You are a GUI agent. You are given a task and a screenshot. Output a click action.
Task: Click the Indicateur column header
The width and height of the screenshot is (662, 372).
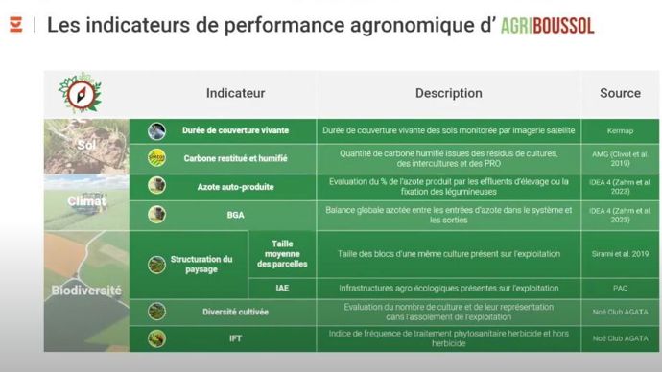click(x=235, y=93)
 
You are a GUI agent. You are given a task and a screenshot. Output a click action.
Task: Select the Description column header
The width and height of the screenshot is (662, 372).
click(x=448, y=93)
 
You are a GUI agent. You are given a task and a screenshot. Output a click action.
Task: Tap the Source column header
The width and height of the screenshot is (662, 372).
click(x=620, y=93)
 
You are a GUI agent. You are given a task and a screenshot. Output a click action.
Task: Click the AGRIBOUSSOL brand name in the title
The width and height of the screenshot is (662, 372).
click(x=547, y=25)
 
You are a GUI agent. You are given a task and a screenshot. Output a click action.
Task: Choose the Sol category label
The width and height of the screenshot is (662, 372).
click(x=88, y=145)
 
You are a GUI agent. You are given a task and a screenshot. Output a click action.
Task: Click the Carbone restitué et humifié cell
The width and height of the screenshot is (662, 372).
click(x=235, y=157)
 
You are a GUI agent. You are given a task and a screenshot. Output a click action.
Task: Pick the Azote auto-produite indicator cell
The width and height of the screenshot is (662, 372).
click(x=235, y=185)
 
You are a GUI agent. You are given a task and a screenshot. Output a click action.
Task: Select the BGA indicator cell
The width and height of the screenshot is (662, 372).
click(x=235, y=213)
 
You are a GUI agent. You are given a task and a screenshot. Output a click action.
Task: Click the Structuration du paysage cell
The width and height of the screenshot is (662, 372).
click(x=201, y=265)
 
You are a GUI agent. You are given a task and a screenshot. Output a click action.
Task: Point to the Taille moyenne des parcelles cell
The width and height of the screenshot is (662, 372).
click(x=282, y=254)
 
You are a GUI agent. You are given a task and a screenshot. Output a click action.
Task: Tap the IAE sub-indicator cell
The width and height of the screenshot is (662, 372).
click(x=282, y=287)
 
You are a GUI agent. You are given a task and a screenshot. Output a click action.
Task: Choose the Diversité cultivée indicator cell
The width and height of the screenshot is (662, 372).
click(x=235, y=312)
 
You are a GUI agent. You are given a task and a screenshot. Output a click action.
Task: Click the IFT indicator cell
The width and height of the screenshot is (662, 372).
click(x=235, y=337)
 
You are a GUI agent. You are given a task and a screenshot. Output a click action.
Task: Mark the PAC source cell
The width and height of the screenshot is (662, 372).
click(x=620, y=287)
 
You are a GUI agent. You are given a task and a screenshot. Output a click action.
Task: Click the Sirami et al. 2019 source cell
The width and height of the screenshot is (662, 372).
click(x=620, y=254)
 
